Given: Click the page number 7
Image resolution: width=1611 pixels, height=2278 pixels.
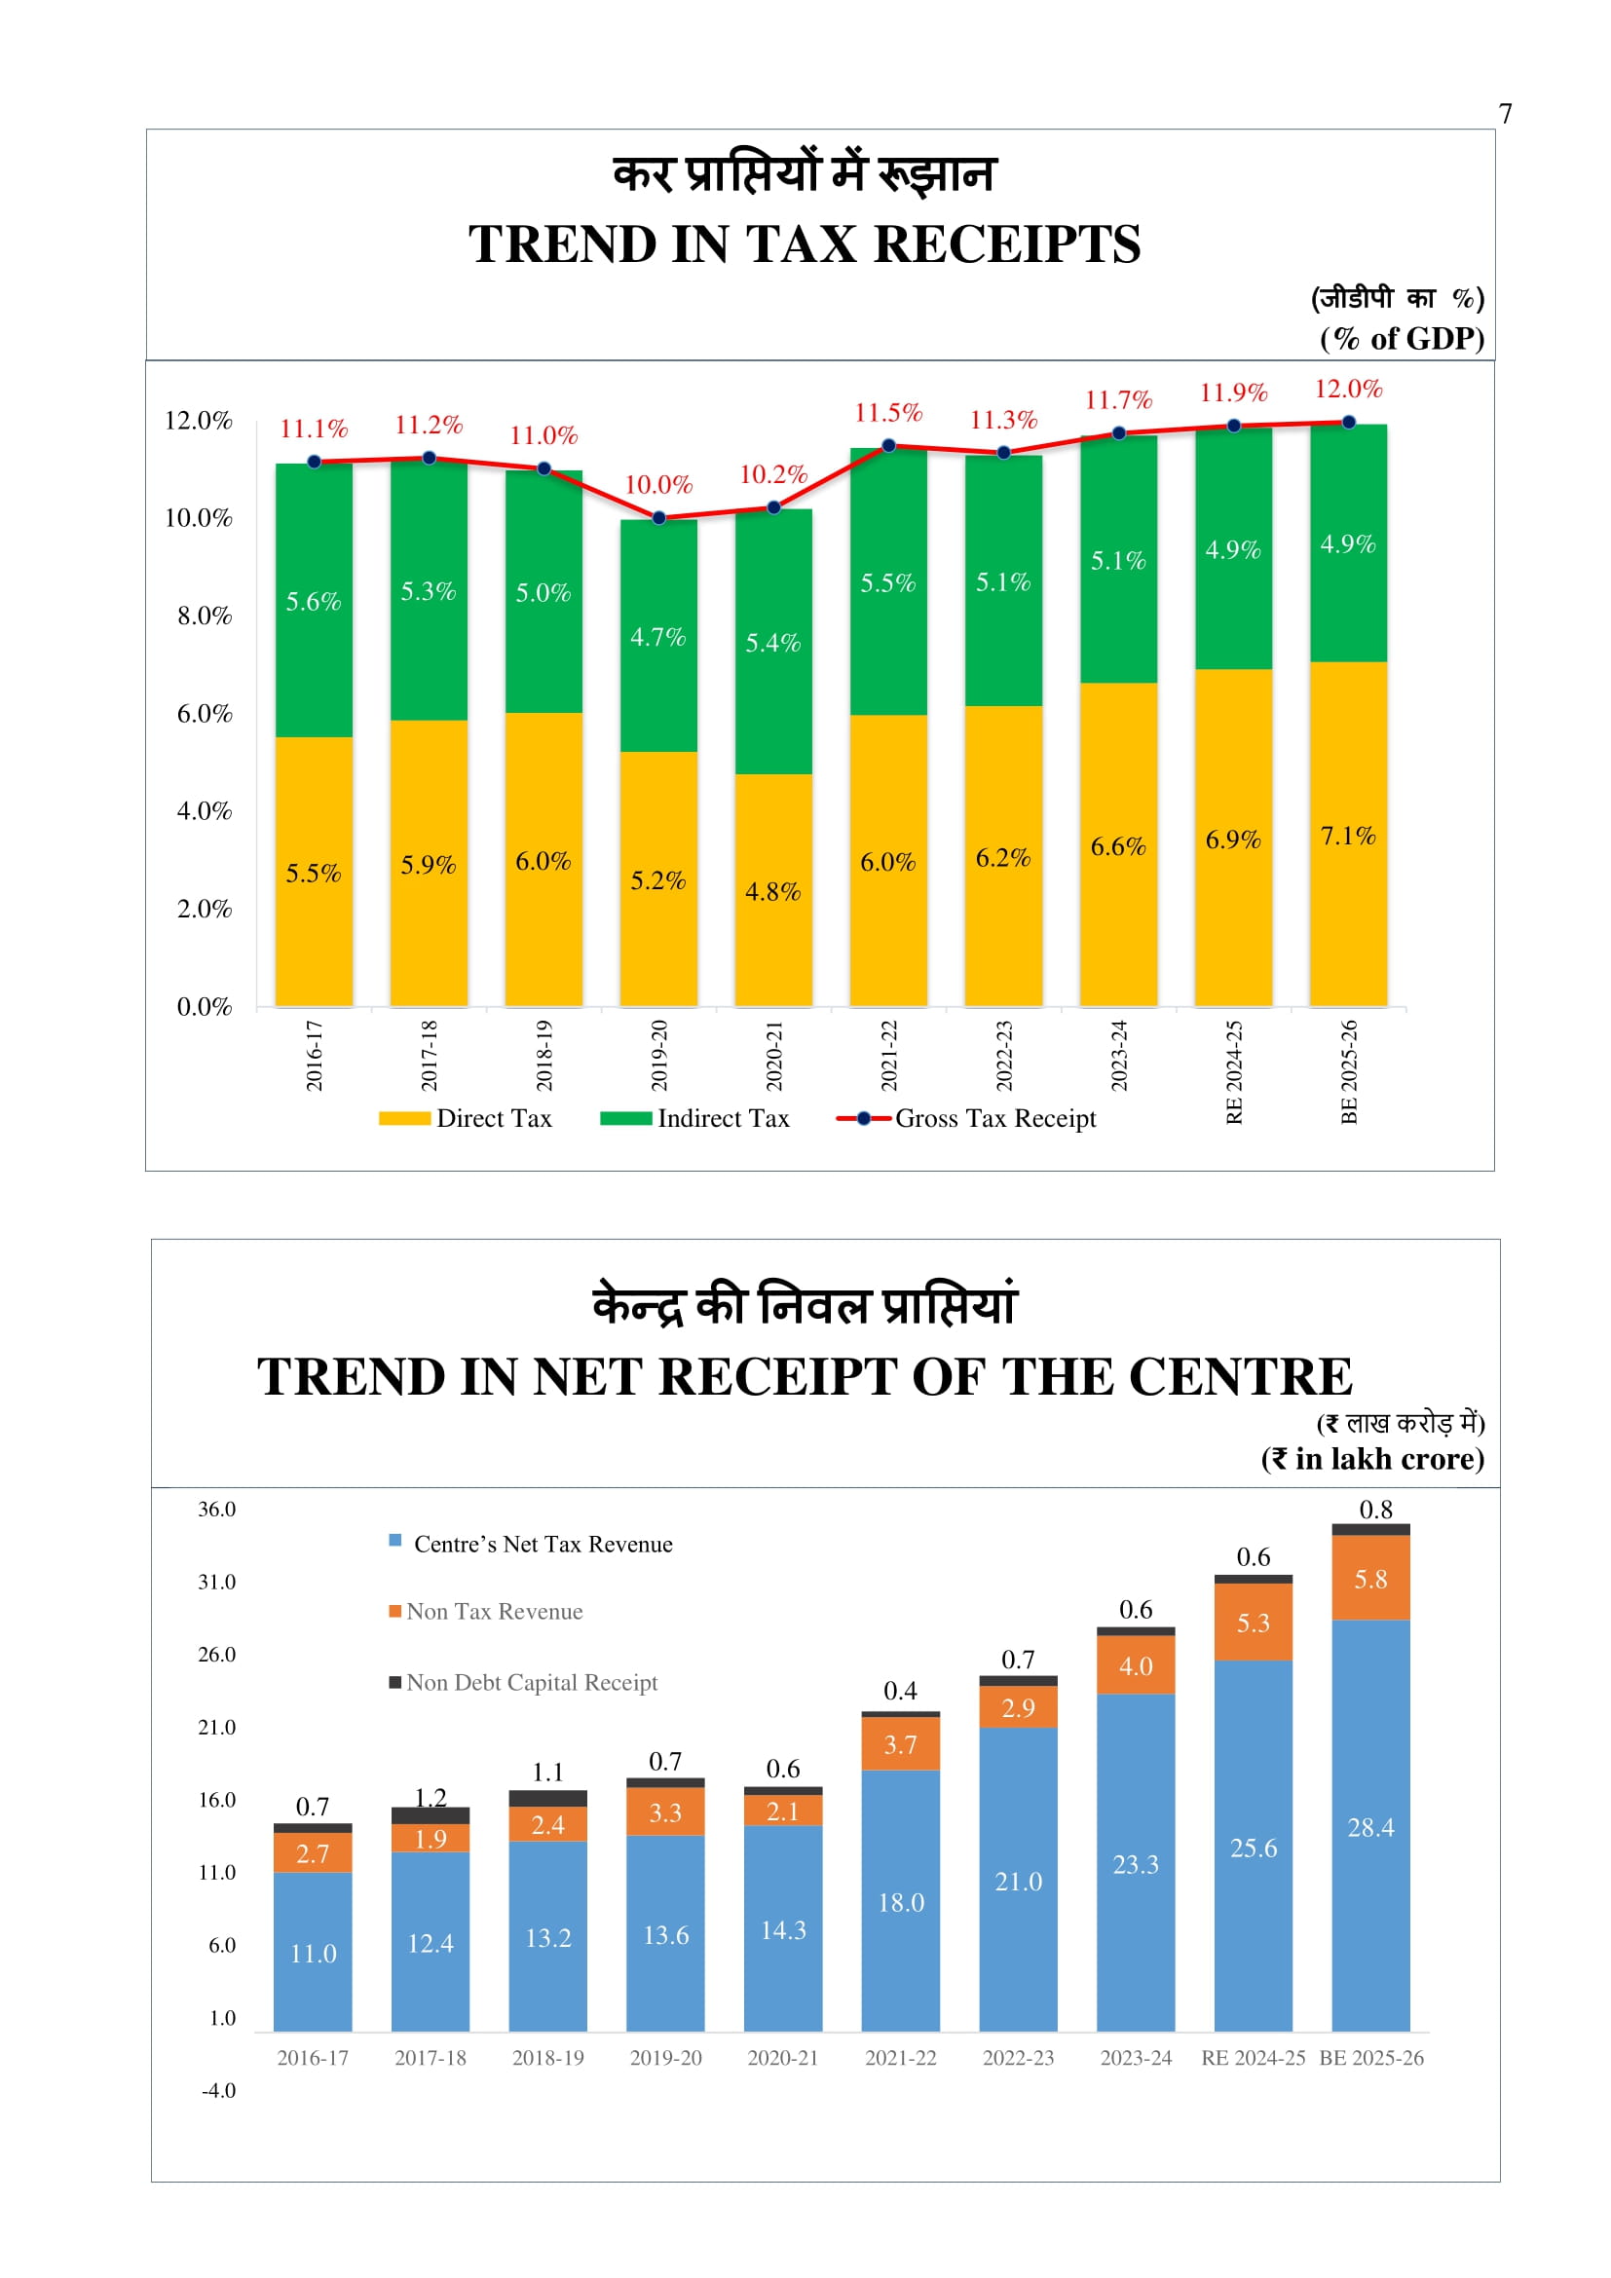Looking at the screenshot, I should [1505, 114].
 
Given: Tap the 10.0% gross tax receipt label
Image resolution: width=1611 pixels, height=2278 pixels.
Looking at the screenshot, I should [657, 485].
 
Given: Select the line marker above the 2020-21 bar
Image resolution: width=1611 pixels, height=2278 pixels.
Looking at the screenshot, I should [773, 508].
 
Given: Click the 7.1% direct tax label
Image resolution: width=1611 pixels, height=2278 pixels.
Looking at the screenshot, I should [1347, 837].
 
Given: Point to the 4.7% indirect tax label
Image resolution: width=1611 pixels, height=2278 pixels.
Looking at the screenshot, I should [657, 637].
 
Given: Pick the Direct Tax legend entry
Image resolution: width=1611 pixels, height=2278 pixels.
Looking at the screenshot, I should [467, 1119].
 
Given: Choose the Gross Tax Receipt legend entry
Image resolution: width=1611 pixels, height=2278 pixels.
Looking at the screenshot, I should [967, 1119].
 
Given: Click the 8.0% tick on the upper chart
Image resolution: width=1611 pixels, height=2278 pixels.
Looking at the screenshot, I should [205, 616].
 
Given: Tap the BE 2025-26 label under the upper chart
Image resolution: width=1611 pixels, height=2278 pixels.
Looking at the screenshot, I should [1349, 1071].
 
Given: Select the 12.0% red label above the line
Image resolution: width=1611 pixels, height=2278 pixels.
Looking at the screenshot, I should [1348, 389].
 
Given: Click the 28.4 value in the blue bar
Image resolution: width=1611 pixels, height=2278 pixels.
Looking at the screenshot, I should [1370, 1827].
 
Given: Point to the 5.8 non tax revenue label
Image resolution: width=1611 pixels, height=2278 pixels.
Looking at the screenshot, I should [1370, 1580].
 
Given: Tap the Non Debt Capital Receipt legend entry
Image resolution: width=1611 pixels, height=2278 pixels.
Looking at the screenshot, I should [524, 1683].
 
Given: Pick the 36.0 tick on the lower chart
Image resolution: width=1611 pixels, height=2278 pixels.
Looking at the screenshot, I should [216, 1509].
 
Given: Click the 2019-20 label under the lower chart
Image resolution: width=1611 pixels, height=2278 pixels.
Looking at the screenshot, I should [665, 2058].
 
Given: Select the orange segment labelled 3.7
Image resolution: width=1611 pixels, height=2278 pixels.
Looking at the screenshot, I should [900, 1745].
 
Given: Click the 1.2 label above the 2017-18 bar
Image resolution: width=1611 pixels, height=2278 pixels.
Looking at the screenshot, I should [431, 1797].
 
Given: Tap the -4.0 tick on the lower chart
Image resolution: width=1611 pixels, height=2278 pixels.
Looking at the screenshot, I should [218, 2090].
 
